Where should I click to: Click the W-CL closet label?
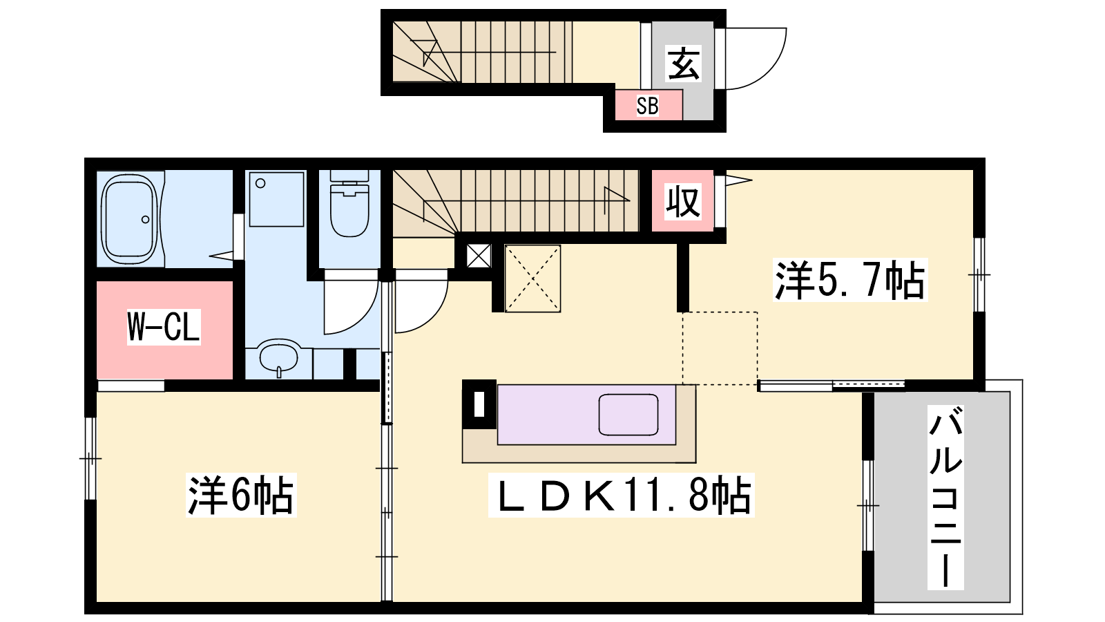coord(164,327)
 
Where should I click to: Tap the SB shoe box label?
coord(647,106)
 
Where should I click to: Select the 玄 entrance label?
coord(683,63)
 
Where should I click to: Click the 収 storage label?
coord(683,201)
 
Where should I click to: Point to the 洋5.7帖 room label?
coord(850,280)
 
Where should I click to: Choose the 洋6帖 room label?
coord(241,495)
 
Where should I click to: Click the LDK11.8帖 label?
coord(622,495)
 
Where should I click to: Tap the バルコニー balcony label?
coord(945,497)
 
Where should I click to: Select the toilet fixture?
coord(349,204)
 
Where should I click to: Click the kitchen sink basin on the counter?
coord(628,414)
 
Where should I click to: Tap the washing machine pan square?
coord(276,199)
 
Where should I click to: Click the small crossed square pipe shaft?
coord(479,256)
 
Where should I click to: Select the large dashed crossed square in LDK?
coord(532,279)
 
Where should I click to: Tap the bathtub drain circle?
coord(146,219)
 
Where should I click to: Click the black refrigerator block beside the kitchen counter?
coord(479,404)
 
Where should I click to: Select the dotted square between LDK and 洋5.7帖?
coord(720,348)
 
